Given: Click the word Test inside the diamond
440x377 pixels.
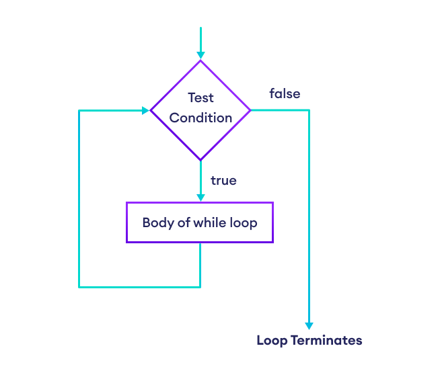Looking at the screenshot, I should point(200,97).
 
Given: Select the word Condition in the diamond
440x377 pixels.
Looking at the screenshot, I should point(200,118).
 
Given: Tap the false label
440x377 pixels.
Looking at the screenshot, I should point(285,93).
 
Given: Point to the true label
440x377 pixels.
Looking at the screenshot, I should point(223,181).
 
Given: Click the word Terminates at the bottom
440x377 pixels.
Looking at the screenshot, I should point(326,340).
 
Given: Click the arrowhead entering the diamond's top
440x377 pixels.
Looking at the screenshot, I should point(200,55).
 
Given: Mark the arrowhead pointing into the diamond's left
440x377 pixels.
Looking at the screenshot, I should point(145,110).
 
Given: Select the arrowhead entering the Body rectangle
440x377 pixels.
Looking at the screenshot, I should point(200,197).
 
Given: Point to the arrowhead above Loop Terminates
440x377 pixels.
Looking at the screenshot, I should point(309,325).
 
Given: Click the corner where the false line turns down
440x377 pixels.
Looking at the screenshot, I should point(309,110).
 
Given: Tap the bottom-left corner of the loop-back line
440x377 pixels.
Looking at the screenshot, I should point(79,287).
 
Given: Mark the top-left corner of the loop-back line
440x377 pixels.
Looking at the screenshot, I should point(79,110).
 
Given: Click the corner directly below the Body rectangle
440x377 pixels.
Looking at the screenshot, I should point(200,287).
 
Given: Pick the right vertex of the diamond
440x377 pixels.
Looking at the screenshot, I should point(250,110).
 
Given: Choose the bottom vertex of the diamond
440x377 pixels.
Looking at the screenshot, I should point(200,160).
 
